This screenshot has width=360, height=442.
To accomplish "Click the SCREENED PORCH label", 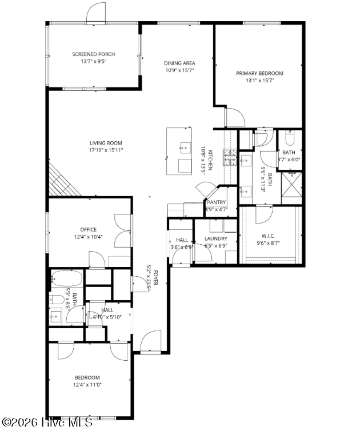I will [93, 54].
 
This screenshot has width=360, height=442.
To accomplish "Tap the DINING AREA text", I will [180, 63].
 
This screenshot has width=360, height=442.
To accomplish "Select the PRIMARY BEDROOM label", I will [259, 73].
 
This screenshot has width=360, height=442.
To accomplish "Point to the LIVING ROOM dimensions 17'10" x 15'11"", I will [106, 150].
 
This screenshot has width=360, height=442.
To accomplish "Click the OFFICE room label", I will [89, 230].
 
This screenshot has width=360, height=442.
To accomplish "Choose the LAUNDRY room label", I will [216, 238].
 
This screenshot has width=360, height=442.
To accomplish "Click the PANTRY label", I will [217, 202].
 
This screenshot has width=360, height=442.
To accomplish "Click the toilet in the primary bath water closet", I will [289, 139].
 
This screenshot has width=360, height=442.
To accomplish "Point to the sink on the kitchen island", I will [184, 148].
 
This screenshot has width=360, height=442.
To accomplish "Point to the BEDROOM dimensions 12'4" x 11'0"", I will [87, 385].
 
